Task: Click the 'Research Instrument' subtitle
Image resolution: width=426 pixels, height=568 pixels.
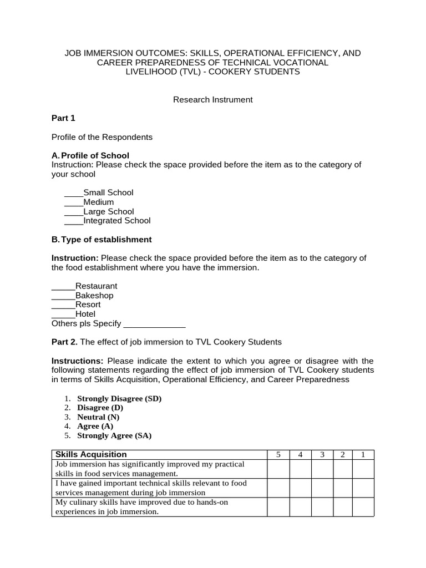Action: (212, 100)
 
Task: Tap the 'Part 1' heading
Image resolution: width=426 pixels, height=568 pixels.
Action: (63, 118)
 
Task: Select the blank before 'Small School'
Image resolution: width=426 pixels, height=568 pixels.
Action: (73, 193)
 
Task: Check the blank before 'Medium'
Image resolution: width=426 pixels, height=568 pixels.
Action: (73, 202)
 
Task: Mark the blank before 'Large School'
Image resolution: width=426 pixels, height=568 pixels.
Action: (73, 212)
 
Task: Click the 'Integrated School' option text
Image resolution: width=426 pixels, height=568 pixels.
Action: (116, 221)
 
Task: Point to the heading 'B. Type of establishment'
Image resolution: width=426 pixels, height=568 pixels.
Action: (102, 240)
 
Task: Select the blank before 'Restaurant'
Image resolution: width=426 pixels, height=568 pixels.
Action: (63, 287)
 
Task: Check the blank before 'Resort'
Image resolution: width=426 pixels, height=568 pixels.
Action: (63, 305)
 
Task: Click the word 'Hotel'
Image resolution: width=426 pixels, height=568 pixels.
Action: (85, 314)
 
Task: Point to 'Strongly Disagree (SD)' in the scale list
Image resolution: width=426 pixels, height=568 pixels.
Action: (119, 399)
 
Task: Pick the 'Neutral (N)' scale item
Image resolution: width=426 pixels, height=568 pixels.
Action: (98, 417)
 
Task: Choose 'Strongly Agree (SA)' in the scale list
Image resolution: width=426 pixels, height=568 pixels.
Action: (114, 436)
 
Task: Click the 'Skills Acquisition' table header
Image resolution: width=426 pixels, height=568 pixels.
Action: (90, 455)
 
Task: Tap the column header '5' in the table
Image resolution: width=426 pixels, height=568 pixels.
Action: (278, 455)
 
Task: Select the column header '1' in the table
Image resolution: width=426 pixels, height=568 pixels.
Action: (363, 455)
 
